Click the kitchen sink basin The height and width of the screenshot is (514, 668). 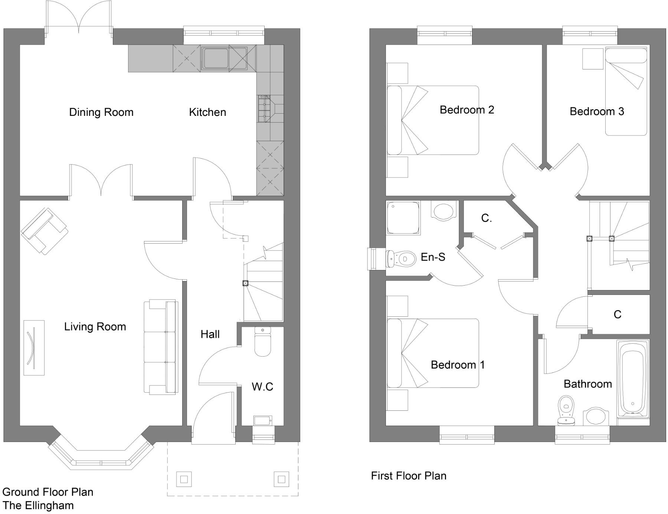[x=215, y=58]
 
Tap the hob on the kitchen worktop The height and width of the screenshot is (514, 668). [x=265, y=108]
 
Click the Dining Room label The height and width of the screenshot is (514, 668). [x=101, y=112]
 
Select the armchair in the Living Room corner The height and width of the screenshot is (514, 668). [x=45, y=231]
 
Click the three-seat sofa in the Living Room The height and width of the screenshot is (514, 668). [x=161, y=347]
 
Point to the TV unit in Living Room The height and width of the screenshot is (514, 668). [x=34, y=348]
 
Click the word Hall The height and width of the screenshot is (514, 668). [x=210, y=334]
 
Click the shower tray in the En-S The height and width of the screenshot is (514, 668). [x=403, y=218]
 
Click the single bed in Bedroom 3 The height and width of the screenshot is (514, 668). [x=626, y=91]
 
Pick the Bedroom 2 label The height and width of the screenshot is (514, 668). [x=466, y=110]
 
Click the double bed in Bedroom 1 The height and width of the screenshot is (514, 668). [x=433, y=353]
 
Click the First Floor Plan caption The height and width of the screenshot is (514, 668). [x=408, y=476]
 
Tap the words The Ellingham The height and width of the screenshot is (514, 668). [x=38, y=505]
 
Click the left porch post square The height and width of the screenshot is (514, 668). [x=184, y=479]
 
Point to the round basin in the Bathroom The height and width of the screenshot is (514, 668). [x=596, y=417]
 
